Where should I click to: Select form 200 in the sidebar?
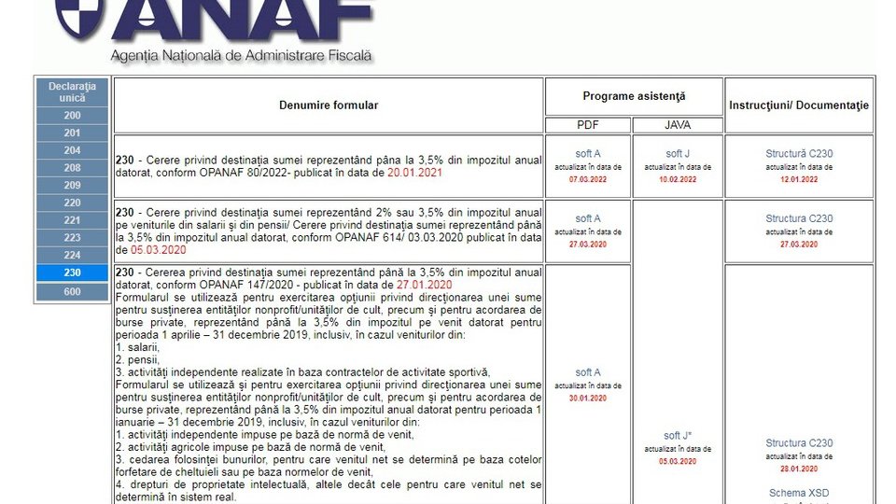tap(72, 116)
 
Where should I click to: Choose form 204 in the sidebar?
tap(72, 150)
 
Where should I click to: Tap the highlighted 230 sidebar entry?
tap(72, 273)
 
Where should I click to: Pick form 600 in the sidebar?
tap(72, 291)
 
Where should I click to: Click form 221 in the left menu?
tap(72, 220)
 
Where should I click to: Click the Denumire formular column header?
tap(329, 105)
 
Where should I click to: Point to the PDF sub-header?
tap(588, 124)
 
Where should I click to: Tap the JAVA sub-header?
tap(677, 124)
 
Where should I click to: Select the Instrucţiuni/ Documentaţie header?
tap(799, 105)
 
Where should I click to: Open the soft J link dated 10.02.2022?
tap(678, 154)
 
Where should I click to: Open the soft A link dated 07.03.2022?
tap(588, 154)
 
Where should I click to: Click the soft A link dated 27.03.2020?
tap(588, 219)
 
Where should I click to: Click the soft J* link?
tap(678, 436)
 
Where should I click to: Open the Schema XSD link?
tap(799, 493)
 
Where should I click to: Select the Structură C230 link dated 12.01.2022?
tap(799, 154)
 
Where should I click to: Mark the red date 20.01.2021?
tap(416, 173)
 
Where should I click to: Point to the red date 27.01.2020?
tap(424, 286)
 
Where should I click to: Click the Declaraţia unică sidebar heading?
tap(72, 91)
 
